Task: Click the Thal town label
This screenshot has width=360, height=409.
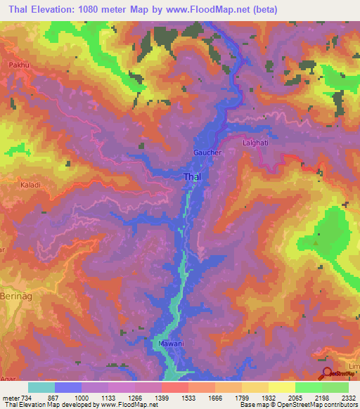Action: pos(192,177)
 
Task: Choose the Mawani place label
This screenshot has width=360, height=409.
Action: pos(168,344)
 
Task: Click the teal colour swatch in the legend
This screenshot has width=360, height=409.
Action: pos(41,387)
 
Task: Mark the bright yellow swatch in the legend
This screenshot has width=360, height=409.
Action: pos(281,387)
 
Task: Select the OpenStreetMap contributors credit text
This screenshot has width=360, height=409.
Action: pos(321,405)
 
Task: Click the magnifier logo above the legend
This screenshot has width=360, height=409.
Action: pos(328,374)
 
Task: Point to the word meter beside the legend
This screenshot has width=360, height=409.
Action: pos(9,396)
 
